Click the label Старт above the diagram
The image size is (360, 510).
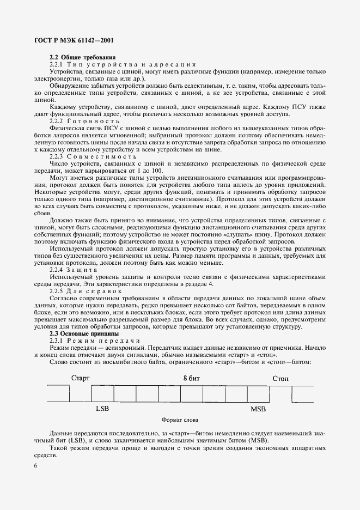(x=80, y=377)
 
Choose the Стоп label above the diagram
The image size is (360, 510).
(x=280, y=377)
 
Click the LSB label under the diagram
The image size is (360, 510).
(x=102, y=408)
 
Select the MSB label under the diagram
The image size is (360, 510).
(x=258, y=408)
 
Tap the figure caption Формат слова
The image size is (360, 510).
(x=180, y=420)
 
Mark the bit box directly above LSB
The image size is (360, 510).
(x=102, y=393)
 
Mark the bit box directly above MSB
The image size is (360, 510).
(x=258, y=393)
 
